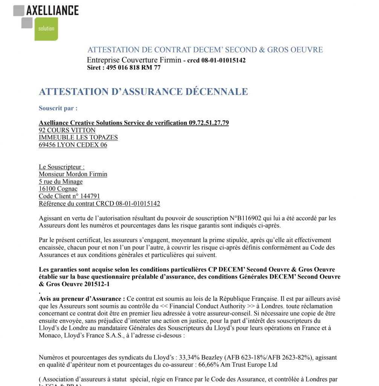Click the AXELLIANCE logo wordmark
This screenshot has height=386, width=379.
[x=52, y=10]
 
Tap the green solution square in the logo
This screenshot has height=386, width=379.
[x=46, y=29]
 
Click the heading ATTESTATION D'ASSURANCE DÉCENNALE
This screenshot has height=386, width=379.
[x=143, y=92]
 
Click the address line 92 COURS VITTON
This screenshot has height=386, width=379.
[x=67, y=130]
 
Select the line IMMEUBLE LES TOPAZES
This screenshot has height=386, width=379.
[x=78, y=138]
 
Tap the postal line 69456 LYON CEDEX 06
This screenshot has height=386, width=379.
[x=73, y=145]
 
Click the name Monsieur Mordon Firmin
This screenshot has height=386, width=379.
[x=73, y=174]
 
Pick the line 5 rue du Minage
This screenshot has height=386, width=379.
[x=61, y=182]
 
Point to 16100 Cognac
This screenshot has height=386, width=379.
[x=58, y=189]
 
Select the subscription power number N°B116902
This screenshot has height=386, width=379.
[x=247, y=218]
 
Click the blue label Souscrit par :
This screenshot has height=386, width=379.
[x=58, y=108]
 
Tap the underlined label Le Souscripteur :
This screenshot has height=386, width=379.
[x=62, y=167]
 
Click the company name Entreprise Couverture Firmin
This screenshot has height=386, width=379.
[x=134, y=60]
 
